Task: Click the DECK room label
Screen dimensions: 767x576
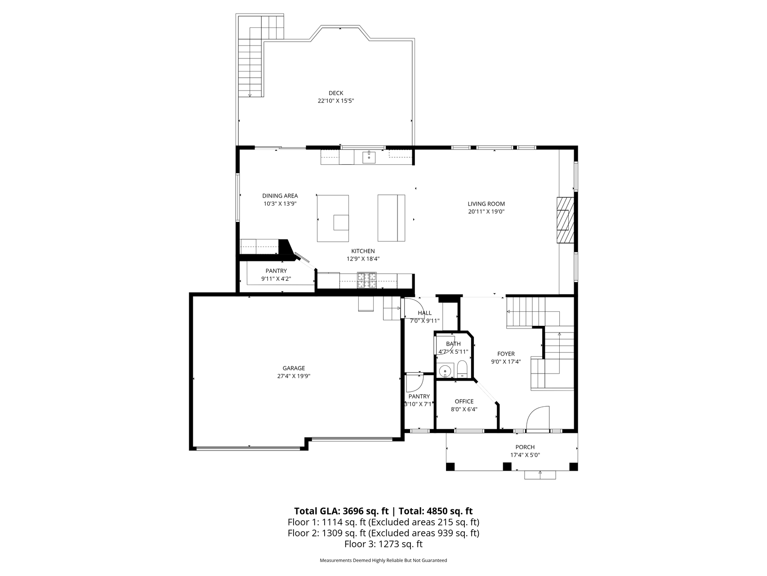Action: click(336, 93)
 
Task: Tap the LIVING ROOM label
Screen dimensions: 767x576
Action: click(486, 204)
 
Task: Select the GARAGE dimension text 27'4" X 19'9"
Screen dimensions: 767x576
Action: click(294, 376)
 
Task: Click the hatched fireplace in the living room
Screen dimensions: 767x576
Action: click(566, 220)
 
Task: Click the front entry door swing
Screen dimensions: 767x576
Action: click(538, 418)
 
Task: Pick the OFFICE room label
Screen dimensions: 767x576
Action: click(464, 401)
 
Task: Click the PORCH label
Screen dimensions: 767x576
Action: click(525, 447)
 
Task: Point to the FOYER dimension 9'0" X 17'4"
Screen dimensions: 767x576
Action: click(506, 361)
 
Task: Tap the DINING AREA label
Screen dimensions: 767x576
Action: click(280, 196)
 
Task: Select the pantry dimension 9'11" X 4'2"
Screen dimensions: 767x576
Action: click(276, 279)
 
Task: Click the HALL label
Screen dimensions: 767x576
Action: click(424, 313)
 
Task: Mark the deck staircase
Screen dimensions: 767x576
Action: click(250, 67)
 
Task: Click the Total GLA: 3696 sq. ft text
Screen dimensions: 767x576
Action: click(341, 511)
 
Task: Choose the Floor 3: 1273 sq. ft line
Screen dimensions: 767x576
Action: click(383, 544)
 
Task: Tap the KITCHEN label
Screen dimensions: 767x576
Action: click(363, 251)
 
